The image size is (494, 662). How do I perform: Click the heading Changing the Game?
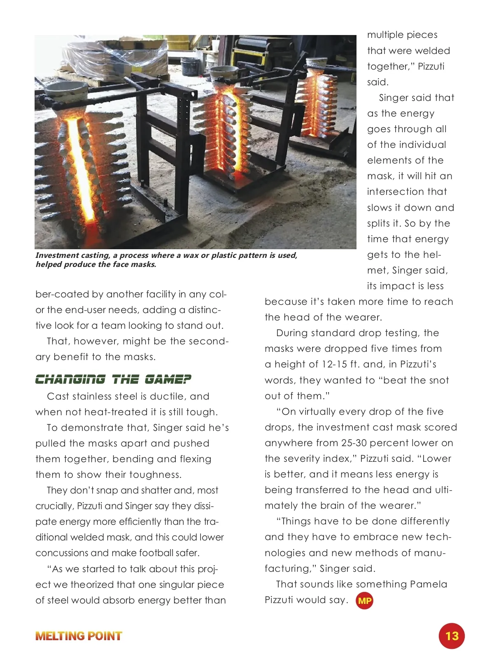point(113,379)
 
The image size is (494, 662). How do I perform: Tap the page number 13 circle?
point(452,636)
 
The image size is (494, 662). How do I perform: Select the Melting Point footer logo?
point(79,636)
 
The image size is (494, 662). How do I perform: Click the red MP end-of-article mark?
point(364,601)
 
